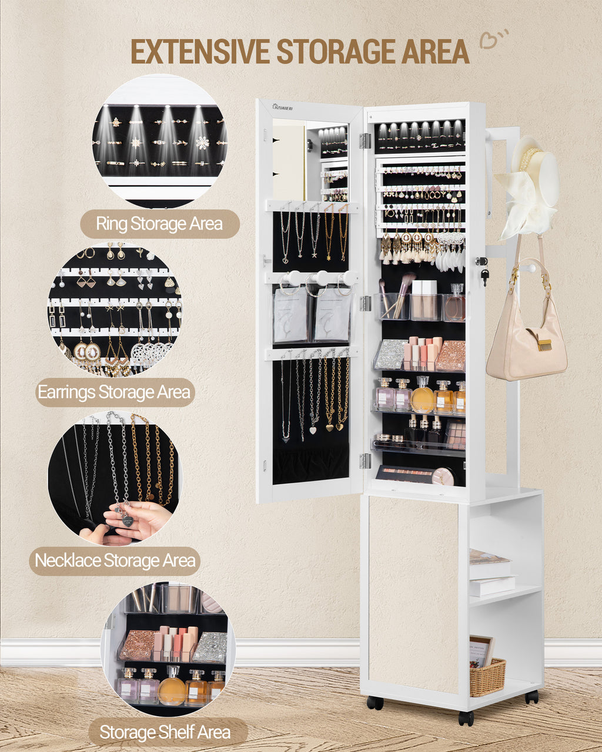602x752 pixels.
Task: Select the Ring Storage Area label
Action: pos(159,224)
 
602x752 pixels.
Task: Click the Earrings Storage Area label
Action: pos(115,392)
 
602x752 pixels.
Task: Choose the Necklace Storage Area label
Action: pos(115,560)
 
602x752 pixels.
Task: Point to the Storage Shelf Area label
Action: pos(165,732)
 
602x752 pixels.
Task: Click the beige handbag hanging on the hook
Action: pos(524,341)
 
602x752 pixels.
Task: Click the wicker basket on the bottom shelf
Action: pos(487,676)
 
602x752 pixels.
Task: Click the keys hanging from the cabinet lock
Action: pos(484,276)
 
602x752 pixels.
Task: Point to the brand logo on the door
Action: pos(282,107)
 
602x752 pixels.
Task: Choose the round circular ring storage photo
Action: pos(159,142)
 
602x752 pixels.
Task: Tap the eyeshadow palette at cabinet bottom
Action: pos(412,474)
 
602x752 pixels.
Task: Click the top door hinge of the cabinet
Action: pos(365,140)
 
